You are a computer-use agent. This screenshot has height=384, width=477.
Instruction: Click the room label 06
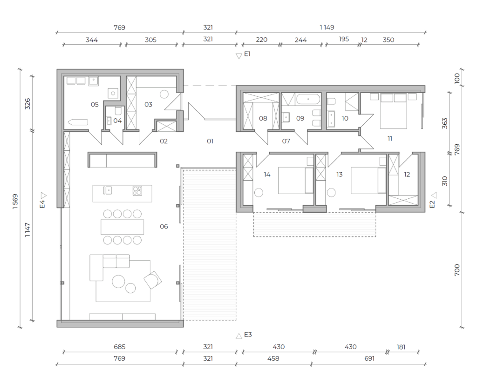tap(164, 226)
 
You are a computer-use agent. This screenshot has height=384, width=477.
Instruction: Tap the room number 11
tap(390, 139)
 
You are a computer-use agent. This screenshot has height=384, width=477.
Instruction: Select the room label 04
tap(117, 121)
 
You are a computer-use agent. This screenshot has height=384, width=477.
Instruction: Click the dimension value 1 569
tap(15, 201)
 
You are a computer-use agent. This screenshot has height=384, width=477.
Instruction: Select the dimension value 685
tap(120, 347)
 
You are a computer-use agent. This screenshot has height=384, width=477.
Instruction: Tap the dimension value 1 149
tap(327, 27)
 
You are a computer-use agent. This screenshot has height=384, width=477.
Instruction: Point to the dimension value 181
tap(401, 347)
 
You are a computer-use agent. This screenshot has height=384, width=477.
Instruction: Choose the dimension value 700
tap(457, 270)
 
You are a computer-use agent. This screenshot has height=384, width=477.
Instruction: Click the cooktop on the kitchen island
tap(137, 191)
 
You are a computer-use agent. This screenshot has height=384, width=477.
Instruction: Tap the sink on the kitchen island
tap(108, 190)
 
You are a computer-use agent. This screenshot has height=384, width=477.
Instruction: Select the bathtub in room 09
tap(308, 99)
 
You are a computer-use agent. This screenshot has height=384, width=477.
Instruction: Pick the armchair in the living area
tap(153, 280)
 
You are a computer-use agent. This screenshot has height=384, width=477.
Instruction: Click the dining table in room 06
tap(123, 227)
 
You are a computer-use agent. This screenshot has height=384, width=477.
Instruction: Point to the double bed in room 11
tap(393, 111)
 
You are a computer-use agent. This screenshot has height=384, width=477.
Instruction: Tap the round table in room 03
tap(164, 94)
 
